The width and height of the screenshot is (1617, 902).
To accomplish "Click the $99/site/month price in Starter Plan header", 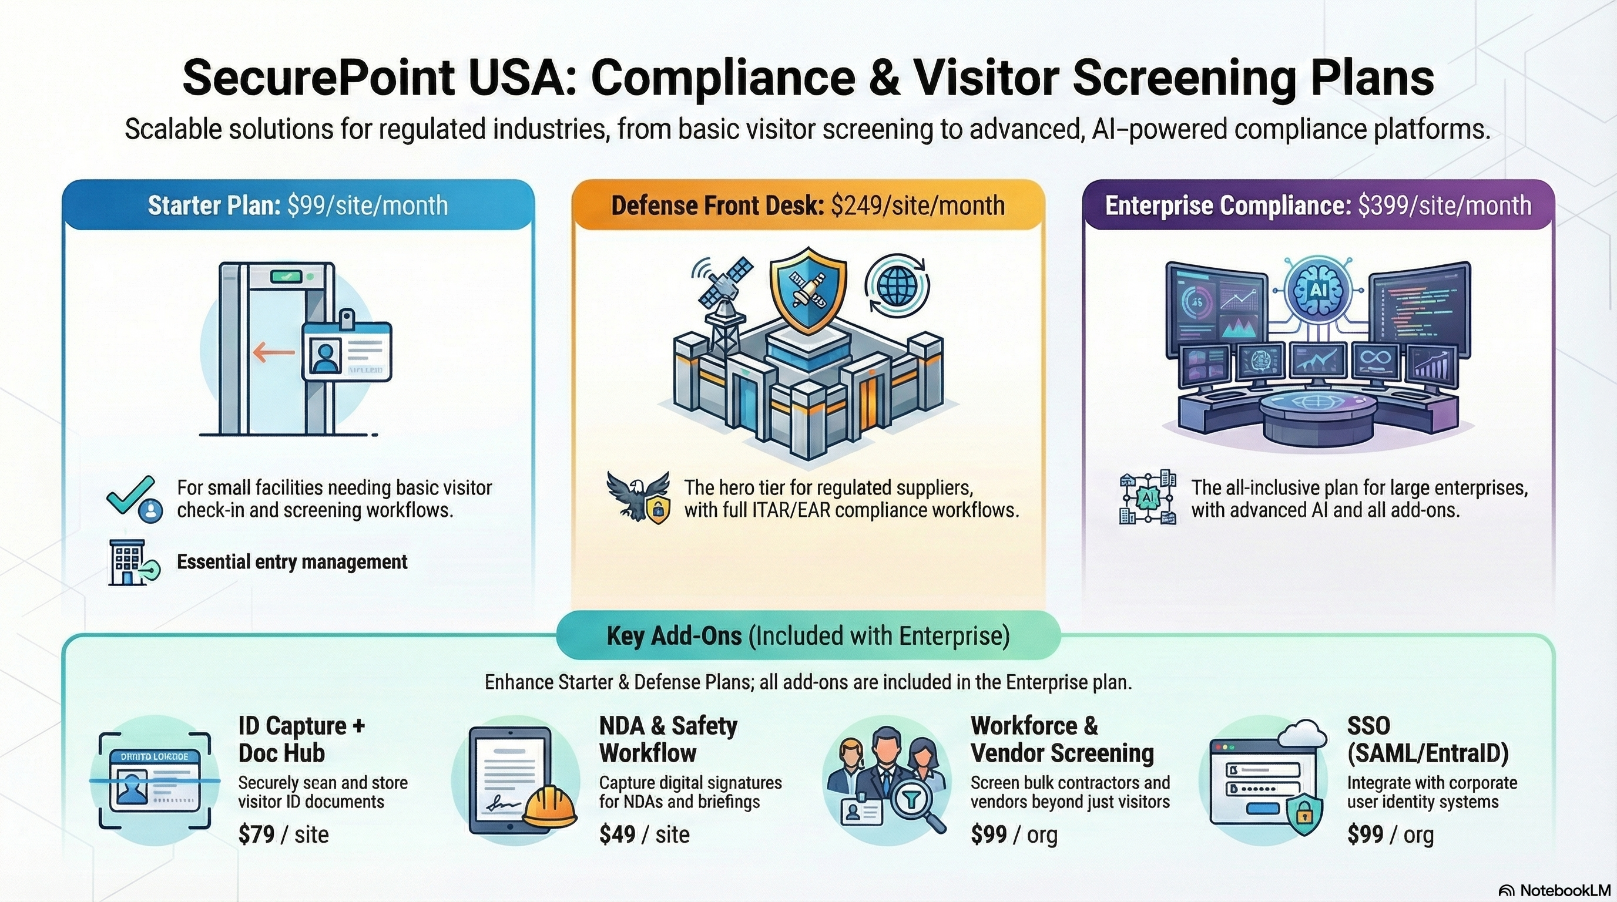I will click(x=367, y=206).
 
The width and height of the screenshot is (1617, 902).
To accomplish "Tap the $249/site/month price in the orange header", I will click(x=918, y=206).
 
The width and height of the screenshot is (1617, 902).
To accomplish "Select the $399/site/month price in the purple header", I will click(x=1444, y=206).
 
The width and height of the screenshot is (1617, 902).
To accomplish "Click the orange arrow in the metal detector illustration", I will click(x=274, y=352).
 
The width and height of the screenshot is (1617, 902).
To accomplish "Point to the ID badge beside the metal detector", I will click(x=347, y=351).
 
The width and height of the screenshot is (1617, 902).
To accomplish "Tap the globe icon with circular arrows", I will click(x=897, y=286).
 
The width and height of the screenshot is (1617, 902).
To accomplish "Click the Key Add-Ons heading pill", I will click(x=808, y=635).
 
